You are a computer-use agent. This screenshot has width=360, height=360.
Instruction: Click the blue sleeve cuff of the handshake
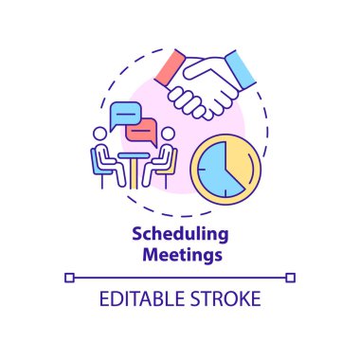click(242, 68)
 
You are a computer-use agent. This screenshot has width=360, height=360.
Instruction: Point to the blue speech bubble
click(123, 115)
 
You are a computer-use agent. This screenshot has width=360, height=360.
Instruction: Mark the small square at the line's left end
click(68, 277)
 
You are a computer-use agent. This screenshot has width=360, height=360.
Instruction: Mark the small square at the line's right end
click(291, 277)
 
